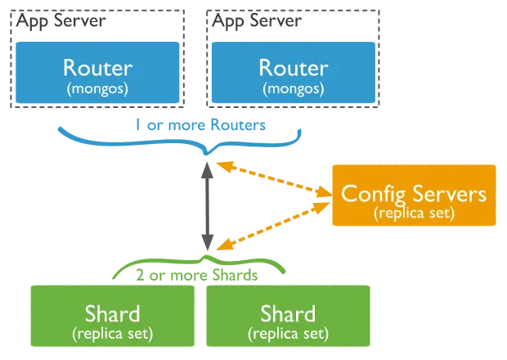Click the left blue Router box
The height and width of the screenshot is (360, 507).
(97, 73)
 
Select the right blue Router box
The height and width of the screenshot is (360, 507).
(294, 73)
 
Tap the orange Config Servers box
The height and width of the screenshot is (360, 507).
(414, 195)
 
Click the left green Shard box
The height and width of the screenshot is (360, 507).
(113, 316)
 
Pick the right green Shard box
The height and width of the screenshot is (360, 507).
(288, 316)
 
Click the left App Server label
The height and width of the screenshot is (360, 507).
(61, 21)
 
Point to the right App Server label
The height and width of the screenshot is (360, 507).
(257, 21)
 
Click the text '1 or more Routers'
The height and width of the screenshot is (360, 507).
(200, 125)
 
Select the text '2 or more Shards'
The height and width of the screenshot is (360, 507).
(197, 275)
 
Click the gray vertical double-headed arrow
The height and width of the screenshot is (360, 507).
(207, 206)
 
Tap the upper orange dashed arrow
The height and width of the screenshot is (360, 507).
(274, 179)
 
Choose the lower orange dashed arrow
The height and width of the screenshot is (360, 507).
(274, 227)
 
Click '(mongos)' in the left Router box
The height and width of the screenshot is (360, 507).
(97, 89)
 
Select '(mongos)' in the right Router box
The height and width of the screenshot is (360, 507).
(294, 89)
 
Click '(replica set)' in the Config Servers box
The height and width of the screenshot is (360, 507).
(415, 214)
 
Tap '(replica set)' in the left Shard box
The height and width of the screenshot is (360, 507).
(113, 334)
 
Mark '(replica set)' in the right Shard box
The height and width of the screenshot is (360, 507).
(288, 334)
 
